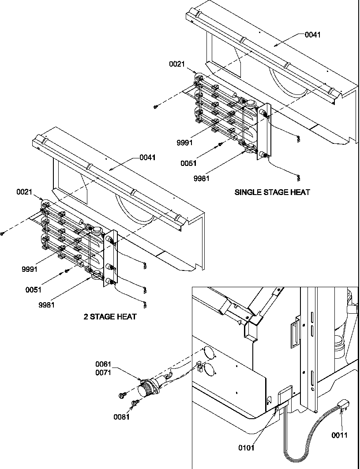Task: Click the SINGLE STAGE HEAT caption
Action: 272,192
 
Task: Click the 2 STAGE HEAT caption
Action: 110,316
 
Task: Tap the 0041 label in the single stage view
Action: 312,35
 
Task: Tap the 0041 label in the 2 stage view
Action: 148,157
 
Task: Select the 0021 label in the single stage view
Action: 177,64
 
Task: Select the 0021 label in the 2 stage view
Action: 25,192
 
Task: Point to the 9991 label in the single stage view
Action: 185,143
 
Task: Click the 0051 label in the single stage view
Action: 188,163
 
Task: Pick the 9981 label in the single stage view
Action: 202,179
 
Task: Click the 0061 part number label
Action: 104,364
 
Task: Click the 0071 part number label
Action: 104,372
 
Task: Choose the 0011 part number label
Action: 340,435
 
